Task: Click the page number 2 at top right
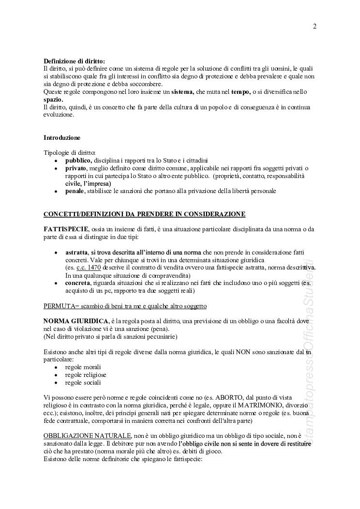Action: click(315, 26)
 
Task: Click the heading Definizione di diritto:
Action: click(74, 61)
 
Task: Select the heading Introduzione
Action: click(62, 137)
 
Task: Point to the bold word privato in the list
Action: click(76, 168)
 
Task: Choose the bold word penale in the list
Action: click(75, 191)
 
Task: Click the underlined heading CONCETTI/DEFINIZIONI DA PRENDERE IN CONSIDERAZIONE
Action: click(144, 214)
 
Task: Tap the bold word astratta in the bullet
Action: click(76, 253)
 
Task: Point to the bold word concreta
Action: click(77, 283)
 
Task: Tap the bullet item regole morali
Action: click(83, 367)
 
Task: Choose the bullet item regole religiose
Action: click(86, 375)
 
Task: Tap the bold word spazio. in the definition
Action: click(53, 99)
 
